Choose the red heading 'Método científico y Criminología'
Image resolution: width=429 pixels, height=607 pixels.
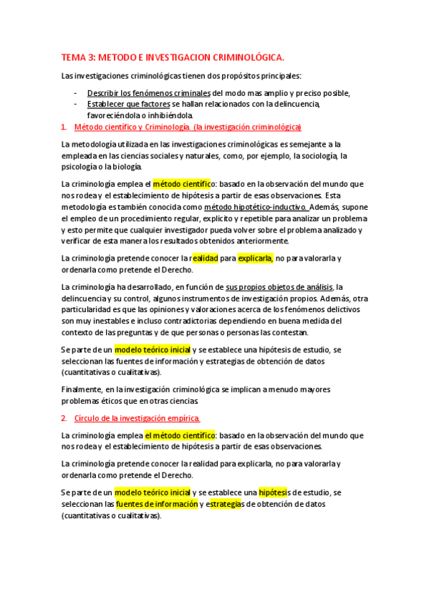(x=132, y=127)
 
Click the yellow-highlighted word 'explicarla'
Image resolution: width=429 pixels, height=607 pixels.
(x=255, y=258)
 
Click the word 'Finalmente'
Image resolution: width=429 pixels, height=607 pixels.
(x=82, y=389)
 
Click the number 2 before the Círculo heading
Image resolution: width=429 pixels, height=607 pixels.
(x=64, y=418)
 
